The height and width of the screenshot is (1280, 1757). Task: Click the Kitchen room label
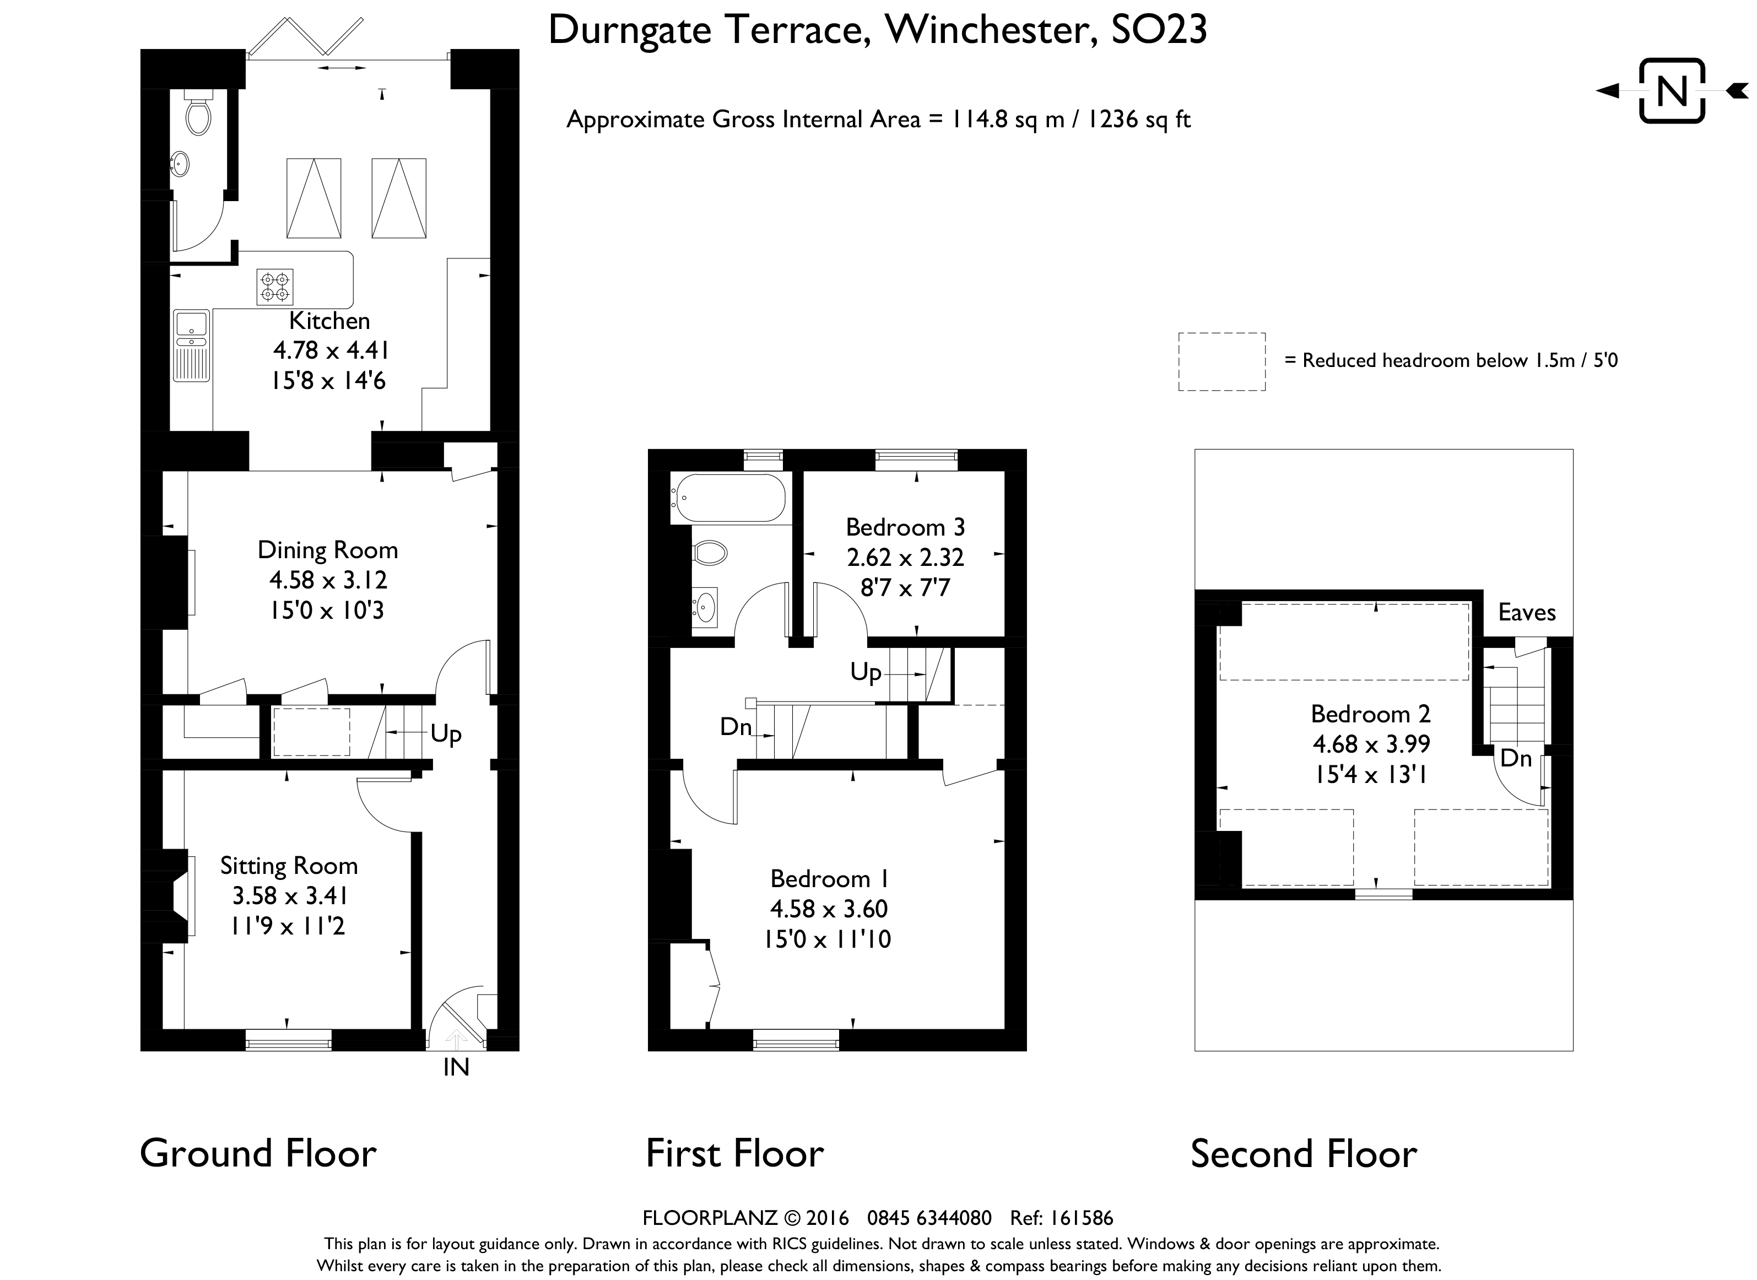(329, 321)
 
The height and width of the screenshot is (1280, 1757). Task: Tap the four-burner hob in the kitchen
(275, 287)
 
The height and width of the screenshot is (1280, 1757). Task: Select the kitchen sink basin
(191, 322)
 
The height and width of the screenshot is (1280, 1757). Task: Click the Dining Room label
(328, 550)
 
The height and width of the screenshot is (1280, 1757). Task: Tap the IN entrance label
(456, 1068)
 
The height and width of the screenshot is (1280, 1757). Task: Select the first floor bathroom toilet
(710, 553)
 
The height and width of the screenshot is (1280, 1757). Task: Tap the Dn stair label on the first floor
(736, 726)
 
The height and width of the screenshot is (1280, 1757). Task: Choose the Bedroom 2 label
(1370, 714)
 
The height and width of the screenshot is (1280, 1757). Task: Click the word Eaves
(1527, 613)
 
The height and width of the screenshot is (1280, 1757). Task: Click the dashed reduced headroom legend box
(1221, 362)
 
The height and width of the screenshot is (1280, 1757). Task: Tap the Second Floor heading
(1304, 1154)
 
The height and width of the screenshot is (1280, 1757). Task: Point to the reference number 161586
(1082, 1219)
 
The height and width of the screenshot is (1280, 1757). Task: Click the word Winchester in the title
(992, 31)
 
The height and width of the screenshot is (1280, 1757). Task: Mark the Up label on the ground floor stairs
(446, 734)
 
